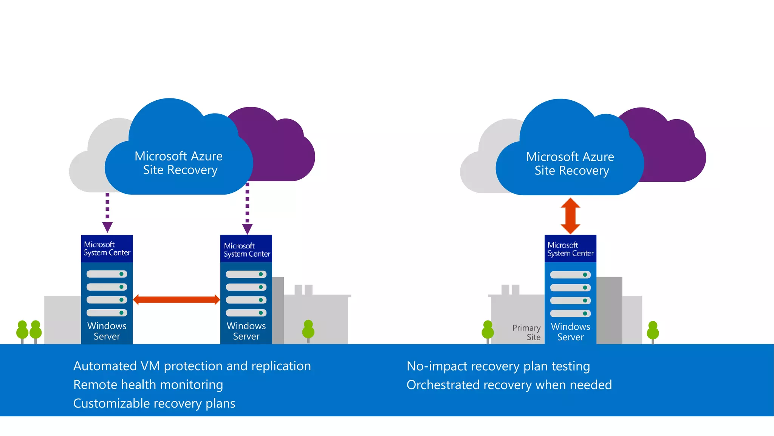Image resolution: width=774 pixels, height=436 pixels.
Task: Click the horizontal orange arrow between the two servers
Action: [x=176, y=300]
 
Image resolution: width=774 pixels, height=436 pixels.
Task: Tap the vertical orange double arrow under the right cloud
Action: [x=570, y=216]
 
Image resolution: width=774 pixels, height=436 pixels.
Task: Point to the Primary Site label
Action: [x=526, y=332]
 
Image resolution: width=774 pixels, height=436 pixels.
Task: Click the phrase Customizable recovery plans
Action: [x=154, y=403]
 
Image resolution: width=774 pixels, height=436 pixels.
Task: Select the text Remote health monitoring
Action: [x=148, y=385]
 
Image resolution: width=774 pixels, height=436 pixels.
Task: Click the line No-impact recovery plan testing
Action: [x=498, y=366]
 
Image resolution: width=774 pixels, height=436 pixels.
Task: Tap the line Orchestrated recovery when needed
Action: [x=509, y=385]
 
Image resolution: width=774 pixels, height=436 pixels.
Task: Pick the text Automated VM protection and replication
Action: [x=192, y=366]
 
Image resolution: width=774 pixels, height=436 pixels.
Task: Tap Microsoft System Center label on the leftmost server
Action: [x=107, y=249]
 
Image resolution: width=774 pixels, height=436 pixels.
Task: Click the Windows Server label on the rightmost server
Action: [x=570, y=332]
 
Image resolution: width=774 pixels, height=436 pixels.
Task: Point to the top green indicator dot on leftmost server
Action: [x=121, y=274]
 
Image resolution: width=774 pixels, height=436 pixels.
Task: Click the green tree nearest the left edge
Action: [x=22, y=330]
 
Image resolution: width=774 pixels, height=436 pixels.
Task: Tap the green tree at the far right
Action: [x=653, y=331]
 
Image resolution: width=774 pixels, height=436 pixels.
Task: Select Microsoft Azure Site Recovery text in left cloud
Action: [x=179, y=163]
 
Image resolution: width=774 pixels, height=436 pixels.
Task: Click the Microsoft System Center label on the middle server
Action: [x=246, y=250]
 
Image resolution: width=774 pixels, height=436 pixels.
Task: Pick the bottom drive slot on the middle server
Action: [x=246, y=313]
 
